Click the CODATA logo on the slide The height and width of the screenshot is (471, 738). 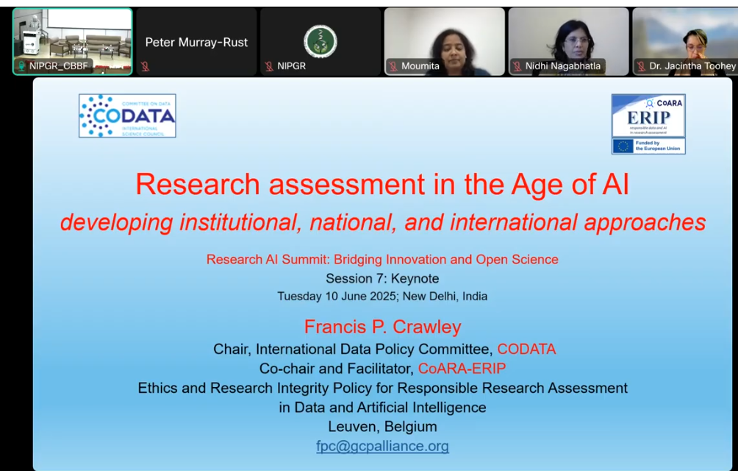coord(127,116)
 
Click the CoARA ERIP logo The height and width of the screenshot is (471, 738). coord(648,115)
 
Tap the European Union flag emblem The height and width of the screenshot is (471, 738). coord(623,146)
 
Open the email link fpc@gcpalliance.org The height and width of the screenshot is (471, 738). coord(382,446)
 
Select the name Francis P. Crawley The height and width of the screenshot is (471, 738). coord(382,327)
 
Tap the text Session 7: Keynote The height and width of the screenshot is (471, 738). coord(382,278)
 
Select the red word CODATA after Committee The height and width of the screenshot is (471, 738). coord(526,349)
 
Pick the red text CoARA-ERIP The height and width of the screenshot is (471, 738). coord(462,368)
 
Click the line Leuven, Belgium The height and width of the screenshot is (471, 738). coord(382,426)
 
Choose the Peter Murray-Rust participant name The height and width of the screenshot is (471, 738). coord(196,43)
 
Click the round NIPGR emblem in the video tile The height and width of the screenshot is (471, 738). coord(320,40)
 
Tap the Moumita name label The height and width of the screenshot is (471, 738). coord(420,66)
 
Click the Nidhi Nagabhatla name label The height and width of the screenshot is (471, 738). coord(562,66)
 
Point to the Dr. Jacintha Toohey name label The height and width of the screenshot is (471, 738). coord(692,66)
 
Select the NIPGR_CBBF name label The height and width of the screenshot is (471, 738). coord(58,66)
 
